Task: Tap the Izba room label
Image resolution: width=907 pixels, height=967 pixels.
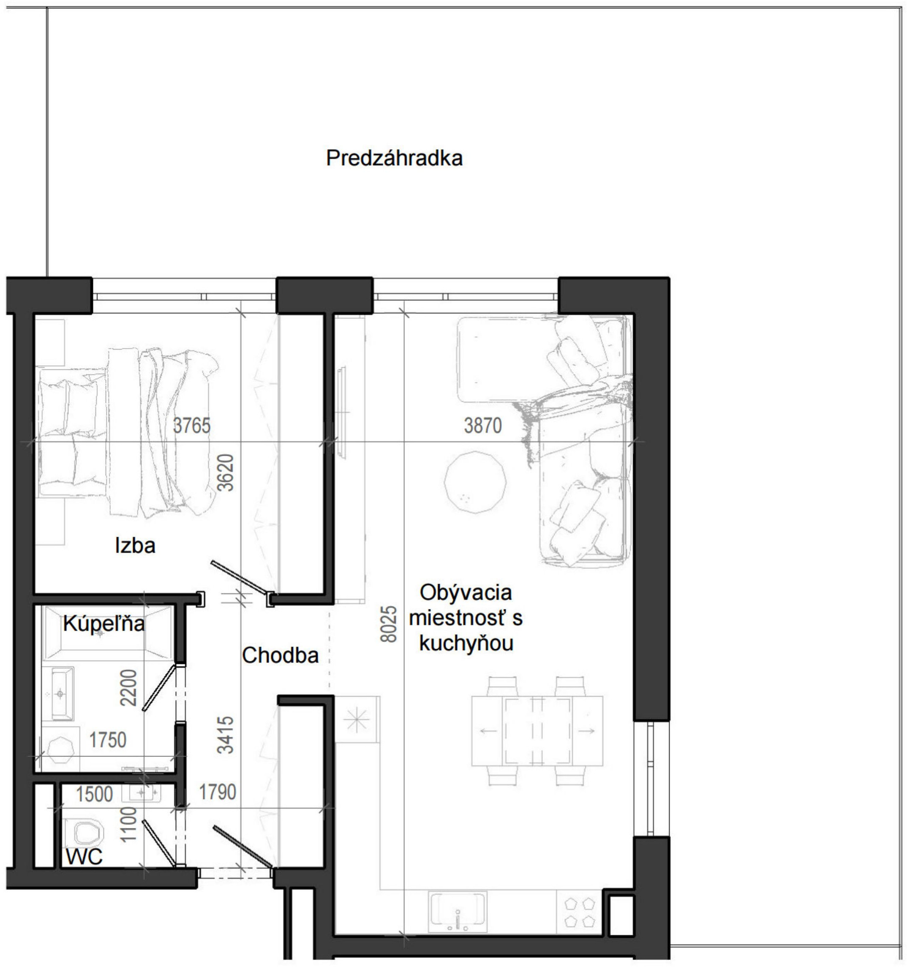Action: [x=135, y=545]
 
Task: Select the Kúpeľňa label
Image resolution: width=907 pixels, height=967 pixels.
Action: [x=104, y=623]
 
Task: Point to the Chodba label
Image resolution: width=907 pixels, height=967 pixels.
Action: [x=280, y=655]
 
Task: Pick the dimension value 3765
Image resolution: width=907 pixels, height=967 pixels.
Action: [x=192, y=426]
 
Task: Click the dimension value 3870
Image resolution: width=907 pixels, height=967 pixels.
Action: [x=482, y=426]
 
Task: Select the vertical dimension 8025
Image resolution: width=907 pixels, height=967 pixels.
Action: [x=389, y=624]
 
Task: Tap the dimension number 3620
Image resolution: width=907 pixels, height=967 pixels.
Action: [x=226, y=473]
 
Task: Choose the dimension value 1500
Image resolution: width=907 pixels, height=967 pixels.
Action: [x=94, y=794]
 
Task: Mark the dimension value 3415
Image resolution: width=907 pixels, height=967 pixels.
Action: [x=226, y=735]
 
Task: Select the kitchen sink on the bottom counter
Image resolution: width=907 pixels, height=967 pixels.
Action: [x=458, y=912]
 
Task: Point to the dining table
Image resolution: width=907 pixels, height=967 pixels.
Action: [x=537, y=731]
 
